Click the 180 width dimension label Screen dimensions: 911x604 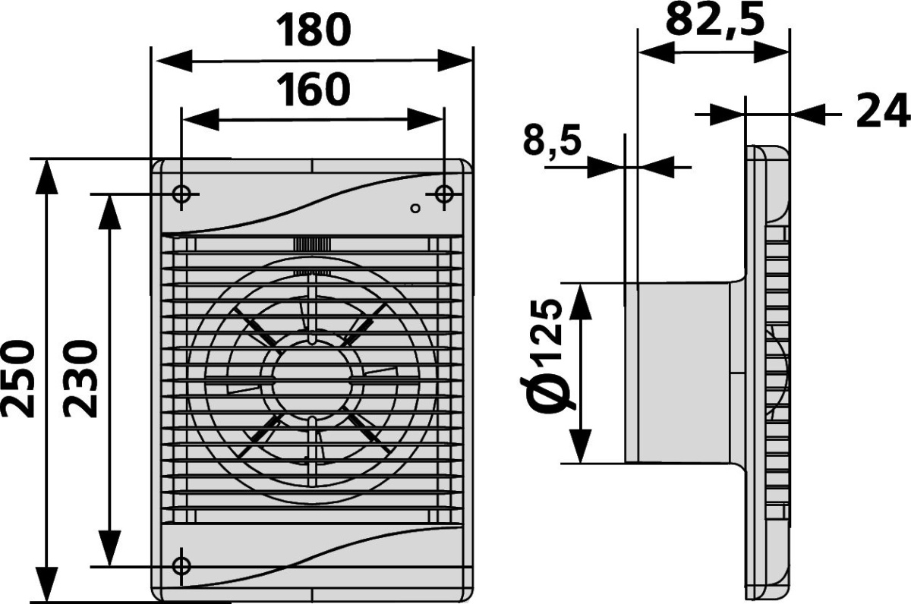313,30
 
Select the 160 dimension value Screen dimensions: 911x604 313,90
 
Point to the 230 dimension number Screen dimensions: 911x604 80,380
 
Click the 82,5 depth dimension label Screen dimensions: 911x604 715,19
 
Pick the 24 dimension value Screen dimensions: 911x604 882,111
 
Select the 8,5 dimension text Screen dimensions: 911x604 553,140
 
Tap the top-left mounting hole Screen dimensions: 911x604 181,194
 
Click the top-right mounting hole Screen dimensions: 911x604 443,194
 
